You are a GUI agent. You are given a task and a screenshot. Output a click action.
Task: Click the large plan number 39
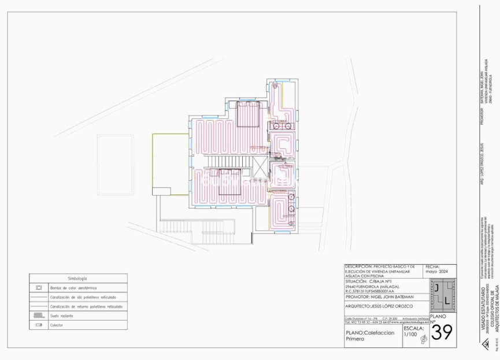(x=443, y=332)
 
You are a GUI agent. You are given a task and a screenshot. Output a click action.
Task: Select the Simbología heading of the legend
(x=77, y=279)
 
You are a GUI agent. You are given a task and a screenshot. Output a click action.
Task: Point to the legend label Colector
(x=57, y=325)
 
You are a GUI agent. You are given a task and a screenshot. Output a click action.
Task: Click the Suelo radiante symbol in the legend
(x=39, y=316)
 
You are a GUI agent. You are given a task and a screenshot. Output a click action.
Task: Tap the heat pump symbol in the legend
(x=39, y=287)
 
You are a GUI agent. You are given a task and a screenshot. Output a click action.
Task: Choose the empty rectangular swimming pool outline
(x=116, y=165)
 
